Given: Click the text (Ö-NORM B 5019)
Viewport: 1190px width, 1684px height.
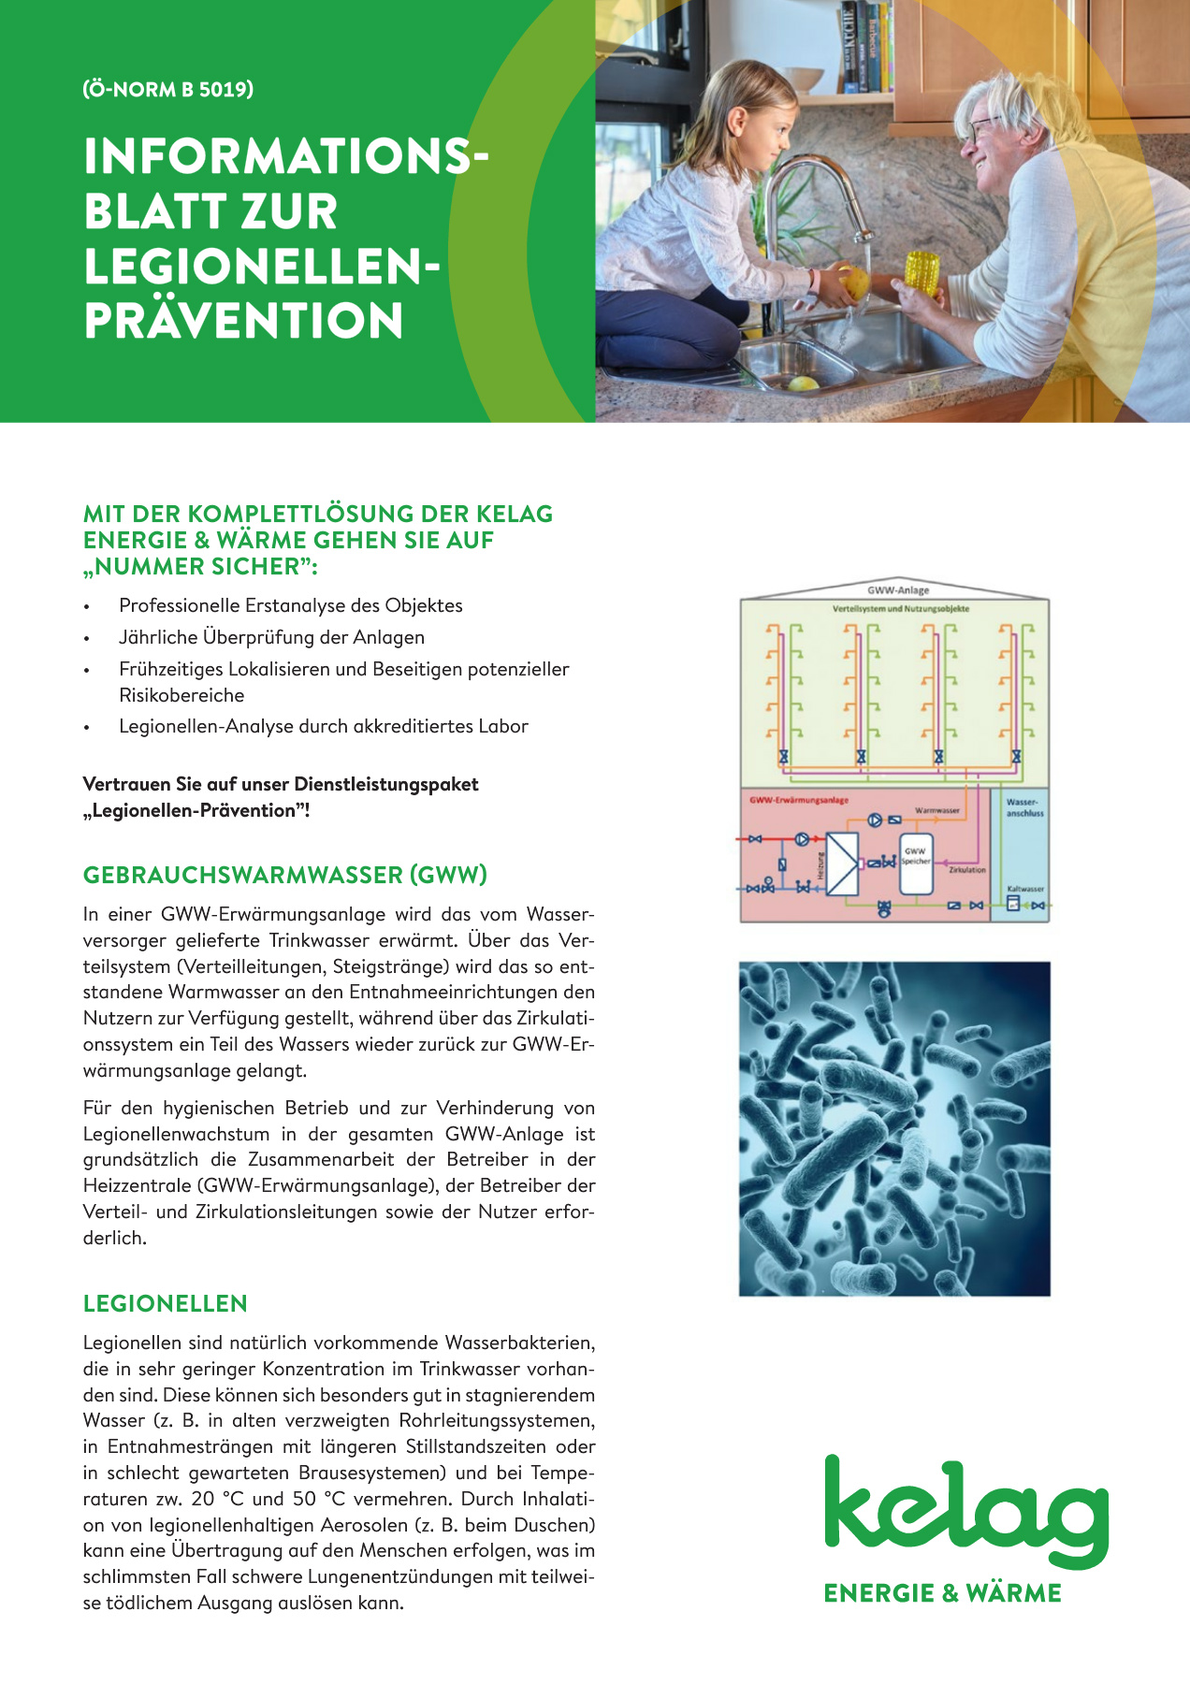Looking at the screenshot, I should [168, 90].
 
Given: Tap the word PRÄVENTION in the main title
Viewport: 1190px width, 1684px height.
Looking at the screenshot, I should [243, 320].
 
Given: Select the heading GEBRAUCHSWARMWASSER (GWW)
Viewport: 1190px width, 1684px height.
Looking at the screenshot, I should [285, 876].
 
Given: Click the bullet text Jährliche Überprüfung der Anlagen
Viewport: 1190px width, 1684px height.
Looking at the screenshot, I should [271, 637].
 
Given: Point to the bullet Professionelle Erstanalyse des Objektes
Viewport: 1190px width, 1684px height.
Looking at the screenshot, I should [290, 605].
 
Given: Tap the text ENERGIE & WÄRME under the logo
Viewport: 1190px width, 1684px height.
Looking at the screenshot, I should [942, 1593].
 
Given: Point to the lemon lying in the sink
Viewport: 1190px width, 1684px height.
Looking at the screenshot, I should [802, 382].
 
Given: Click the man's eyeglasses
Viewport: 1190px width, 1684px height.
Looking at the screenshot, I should [982, 128].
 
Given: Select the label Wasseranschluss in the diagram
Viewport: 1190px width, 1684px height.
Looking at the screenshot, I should [1024, 807].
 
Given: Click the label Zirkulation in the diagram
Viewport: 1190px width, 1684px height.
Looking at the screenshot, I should [966, 870].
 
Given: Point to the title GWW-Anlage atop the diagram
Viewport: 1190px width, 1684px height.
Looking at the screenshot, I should [898, 590].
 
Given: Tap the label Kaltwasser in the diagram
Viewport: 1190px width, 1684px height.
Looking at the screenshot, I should [1025, 890].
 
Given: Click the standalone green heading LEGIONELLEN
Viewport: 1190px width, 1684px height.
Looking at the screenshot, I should [166, 1304].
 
